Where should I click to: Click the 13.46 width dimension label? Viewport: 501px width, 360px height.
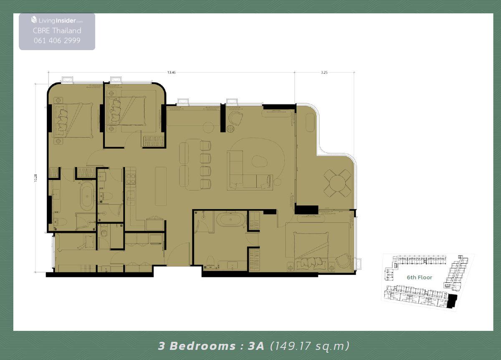pos(171,72)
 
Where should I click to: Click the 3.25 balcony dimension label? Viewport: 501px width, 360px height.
pos(324,72)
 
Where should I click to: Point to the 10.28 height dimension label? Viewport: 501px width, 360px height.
pos(36,178)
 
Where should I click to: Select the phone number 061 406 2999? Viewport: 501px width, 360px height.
pos(57,41)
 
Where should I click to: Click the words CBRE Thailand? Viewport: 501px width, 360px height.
pos(57,30)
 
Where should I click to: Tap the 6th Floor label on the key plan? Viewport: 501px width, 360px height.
pos(419,277)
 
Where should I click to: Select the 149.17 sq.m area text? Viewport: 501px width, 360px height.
pos(310,346)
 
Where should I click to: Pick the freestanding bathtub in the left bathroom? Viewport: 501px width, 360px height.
pos(87,196)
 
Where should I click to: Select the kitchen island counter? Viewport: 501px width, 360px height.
pos(161,186)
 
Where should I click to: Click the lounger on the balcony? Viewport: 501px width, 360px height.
pos(310,122)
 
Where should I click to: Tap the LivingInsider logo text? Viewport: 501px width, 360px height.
pos(57,20)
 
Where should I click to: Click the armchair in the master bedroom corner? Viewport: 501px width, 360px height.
pos(342,261)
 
